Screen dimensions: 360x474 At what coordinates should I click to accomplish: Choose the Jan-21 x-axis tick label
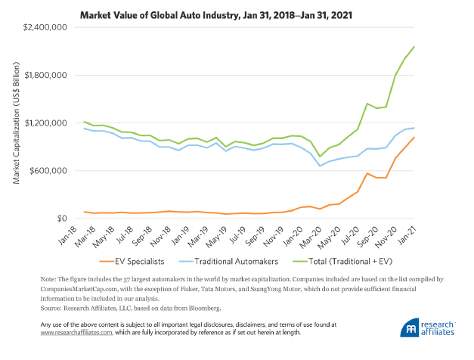pyautogui.click(x=408, y=231)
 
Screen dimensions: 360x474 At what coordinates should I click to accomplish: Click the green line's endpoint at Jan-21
pyautogui.click(x=414, y=47)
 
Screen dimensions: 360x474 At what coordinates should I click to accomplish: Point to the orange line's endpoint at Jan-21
pyautogui.click(x=414, y=138)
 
